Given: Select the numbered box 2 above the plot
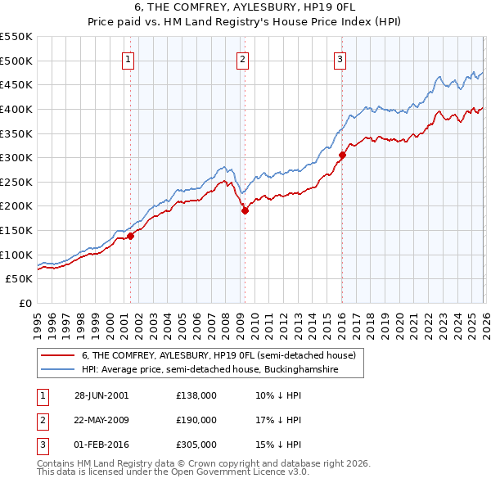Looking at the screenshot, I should [243, 58].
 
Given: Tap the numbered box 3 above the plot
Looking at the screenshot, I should [340, 58].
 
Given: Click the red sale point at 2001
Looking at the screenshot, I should [130, 236].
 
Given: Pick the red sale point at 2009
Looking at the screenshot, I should [244, 210].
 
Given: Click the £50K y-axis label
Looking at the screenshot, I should [20, 279].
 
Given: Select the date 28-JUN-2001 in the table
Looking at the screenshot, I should [101, 395].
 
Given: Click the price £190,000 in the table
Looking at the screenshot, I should [196, 420].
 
